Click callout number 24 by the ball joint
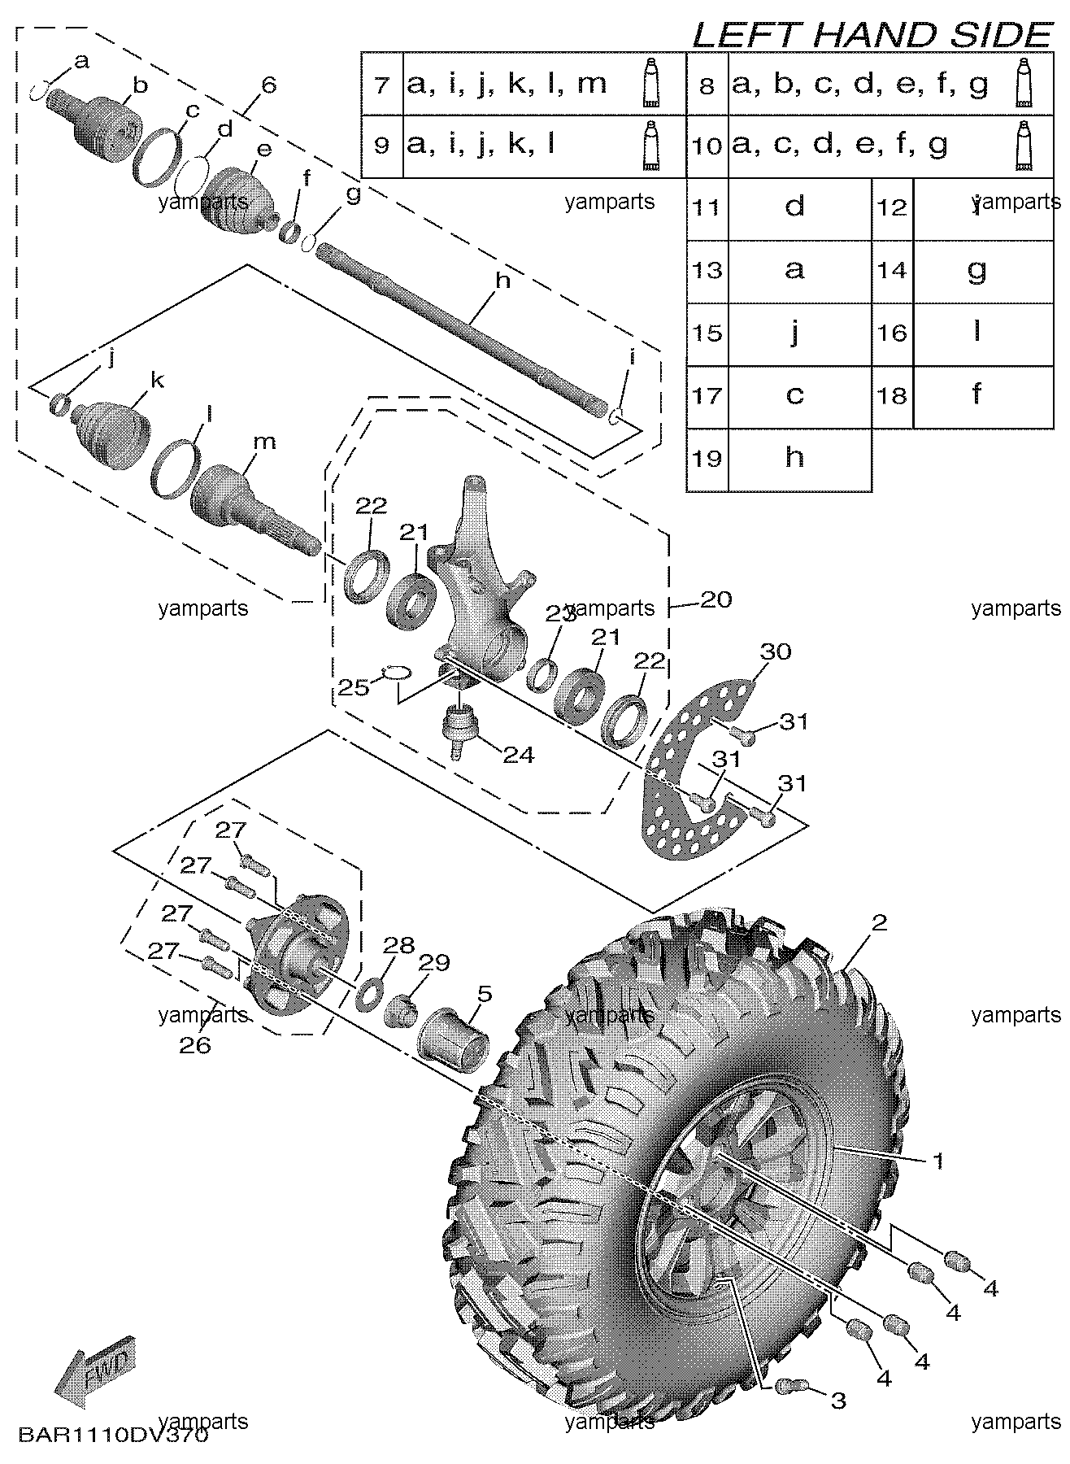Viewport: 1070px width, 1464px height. pyautogui.click(x=518, y=755)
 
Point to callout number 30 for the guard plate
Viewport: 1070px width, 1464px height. pyautogui.click(x=776, y=651)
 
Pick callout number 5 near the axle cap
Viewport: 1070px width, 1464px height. pyautogui.click(x=485, y=993)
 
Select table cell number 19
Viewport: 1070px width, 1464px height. pyautogui.click(x=707, y=459)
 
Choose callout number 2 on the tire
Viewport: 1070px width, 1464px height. pyautogui.click(x=878, y=922)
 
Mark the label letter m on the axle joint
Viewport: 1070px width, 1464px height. pyautogui.click(x=264, y=442)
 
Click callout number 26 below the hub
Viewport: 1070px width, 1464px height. pyautogui.click(x=195, y=1044)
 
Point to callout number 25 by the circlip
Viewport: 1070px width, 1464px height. pyautogui.click(x=354, y=687)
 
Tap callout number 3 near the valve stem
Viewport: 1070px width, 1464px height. pyautogui.click(x=837, y=1400)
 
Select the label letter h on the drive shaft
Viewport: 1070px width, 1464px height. pyautogui.click(x=502, y=281)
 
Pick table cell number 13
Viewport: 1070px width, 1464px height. pyautogui.click(x=707, y=270)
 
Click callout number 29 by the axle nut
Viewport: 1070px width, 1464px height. pyautogui.click(x=435, y=963)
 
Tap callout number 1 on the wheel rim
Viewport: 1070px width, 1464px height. pyautogui.click(x=937, y=1161)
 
